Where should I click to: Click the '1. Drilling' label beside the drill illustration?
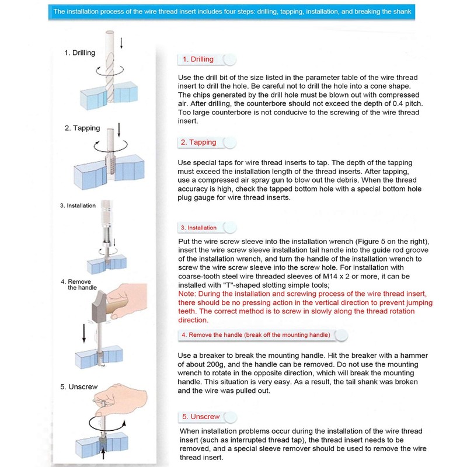pyautogui.click(x=79, y=53)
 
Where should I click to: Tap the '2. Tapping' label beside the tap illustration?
pyautogui.click(x=82, y=128)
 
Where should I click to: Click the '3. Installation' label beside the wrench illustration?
pyautogui.click(x=78, y=205)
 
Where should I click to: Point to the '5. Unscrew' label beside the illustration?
pyautogui.click(x=79, y=387)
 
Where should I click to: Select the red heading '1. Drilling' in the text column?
pyautogui.click(x=198, y=59)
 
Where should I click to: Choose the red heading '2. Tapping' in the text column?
pyautogui.click(x=198, y=142)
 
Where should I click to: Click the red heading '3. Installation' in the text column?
pyautogui.click(x=198, y=228)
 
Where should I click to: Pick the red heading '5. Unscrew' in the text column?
pyautogui.click(x=201, y=417)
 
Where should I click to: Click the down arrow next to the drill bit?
pyautogui.click(x=121, y=43)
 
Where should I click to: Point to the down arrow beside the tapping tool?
pyautogui.click(x=120, y=129)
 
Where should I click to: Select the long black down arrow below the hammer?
pyautogui.click(x=83, y=333)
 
